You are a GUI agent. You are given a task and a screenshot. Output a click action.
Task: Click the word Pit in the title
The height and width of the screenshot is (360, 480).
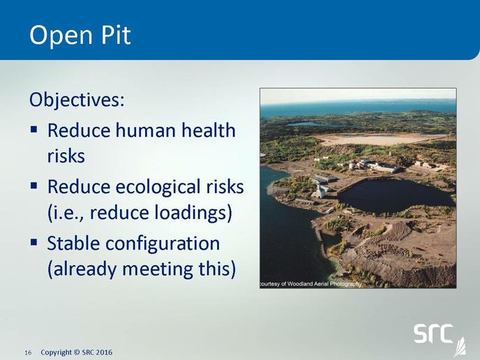pos(116,35)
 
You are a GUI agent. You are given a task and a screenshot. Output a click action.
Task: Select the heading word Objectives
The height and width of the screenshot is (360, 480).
pos(77,100)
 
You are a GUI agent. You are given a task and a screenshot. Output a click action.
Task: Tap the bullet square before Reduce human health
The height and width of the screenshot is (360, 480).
pos(33,129)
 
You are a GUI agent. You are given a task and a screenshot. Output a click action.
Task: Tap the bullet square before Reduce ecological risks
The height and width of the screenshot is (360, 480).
pos(33,185)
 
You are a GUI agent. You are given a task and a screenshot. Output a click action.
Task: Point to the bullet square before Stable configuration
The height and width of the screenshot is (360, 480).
pos(33,242)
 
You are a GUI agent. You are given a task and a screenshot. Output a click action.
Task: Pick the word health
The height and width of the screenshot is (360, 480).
pos(208,130)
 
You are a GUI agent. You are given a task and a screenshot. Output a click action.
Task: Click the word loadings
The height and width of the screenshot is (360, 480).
pos(192,213)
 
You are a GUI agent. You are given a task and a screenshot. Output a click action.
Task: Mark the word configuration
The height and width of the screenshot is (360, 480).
pos(163,245)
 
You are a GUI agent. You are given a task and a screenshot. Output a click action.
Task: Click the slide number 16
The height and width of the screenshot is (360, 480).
pos(28,352)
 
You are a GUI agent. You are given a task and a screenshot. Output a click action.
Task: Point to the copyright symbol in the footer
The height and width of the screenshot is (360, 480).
pos(77,352)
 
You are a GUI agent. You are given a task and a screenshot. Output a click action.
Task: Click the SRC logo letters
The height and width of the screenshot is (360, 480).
pos(433,333)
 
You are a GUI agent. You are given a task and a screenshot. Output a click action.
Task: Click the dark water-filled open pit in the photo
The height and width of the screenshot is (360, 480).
pos(395,195)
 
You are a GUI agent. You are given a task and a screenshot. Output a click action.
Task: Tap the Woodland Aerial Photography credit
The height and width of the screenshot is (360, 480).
pos(310,284)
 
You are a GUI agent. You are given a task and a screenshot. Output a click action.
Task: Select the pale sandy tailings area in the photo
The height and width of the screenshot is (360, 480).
pos(380,139)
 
